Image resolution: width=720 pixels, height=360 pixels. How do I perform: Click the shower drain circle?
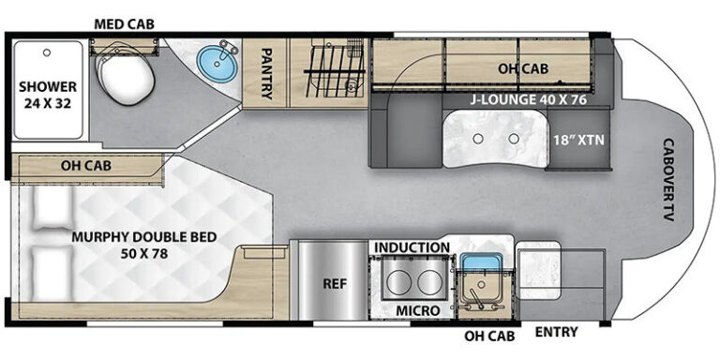(x=46, y=52)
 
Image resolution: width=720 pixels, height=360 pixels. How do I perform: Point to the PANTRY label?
(x=266, y=73)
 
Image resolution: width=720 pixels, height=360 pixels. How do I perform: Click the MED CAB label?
(x=124, y=23)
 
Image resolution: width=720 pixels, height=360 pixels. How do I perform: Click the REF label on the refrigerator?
(x=335, y=284)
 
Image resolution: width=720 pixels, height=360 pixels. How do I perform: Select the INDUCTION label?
(x=412, y=247)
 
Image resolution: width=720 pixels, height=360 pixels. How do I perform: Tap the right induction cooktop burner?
(x=428, y=282)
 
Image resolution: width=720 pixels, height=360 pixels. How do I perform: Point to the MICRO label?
(x=418, y=311)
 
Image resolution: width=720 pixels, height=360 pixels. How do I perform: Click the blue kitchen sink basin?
(x=479, y=262)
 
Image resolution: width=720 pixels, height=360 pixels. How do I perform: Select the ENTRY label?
(x=557, y=332)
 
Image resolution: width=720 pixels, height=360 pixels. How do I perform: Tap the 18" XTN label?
(x=577, y=140)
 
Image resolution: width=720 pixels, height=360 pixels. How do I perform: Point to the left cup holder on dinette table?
(x=478, y=138)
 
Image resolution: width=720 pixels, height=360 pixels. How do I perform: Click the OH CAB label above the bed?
(x=86, y=166)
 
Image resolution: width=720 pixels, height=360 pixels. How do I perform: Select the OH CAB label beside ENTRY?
(x=489, y=336)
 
